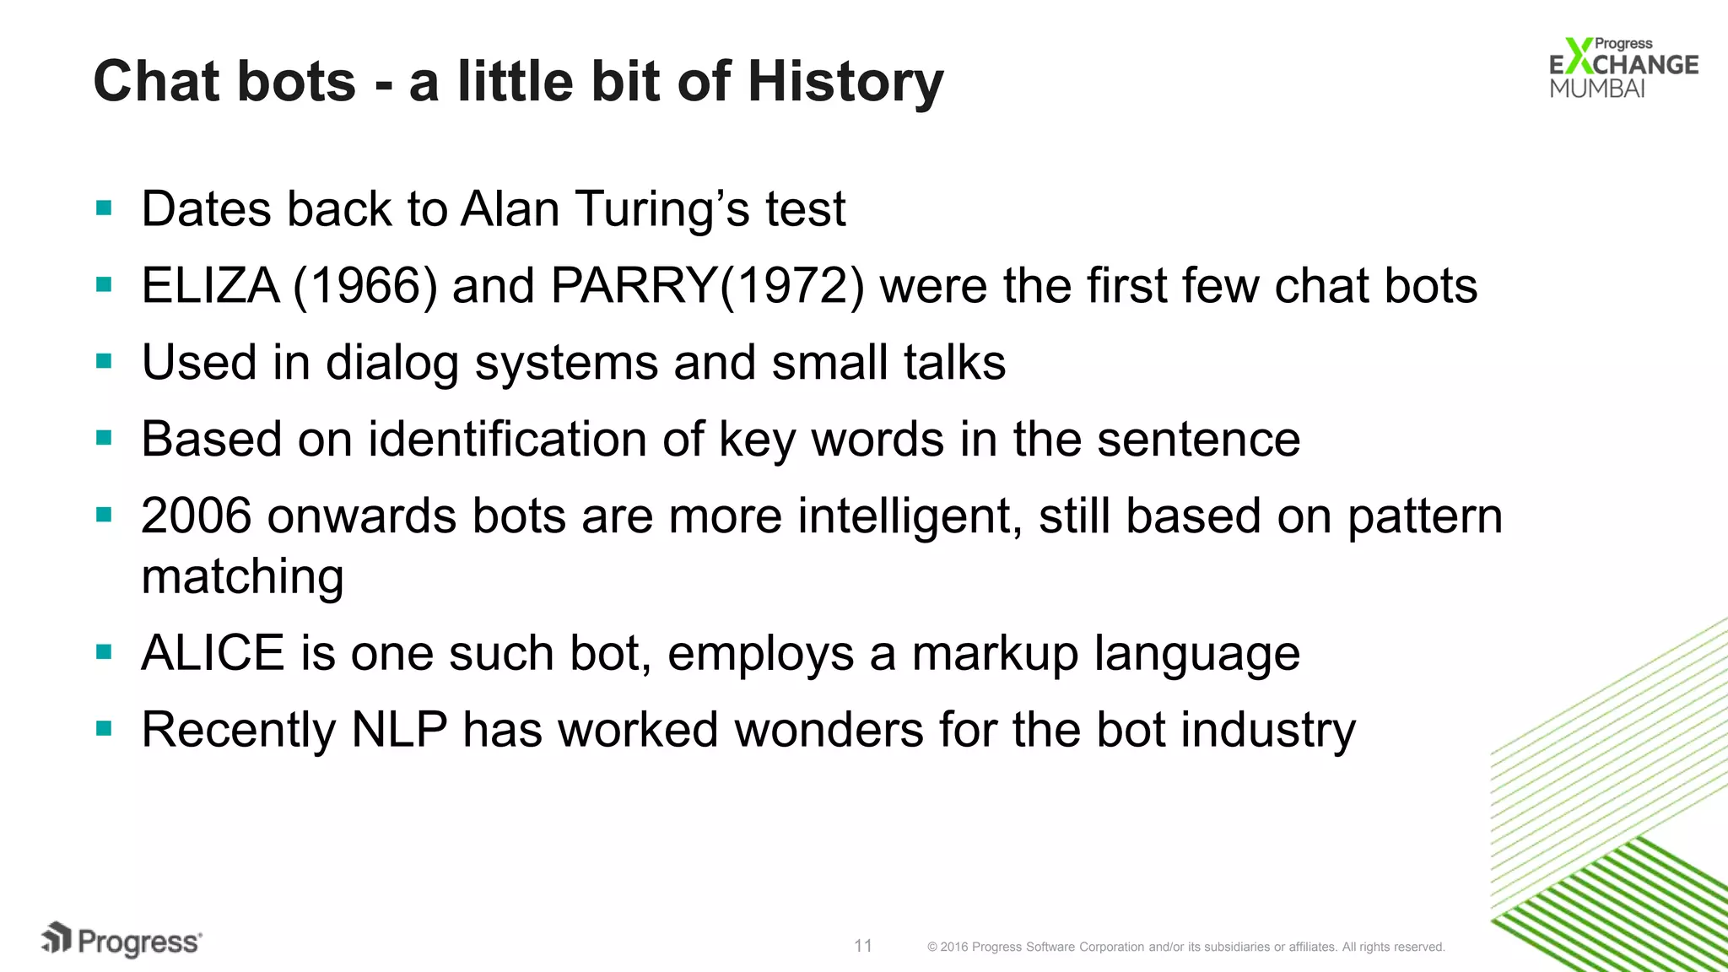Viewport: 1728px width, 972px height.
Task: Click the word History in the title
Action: (845, 82)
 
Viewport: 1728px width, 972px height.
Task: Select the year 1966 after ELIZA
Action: (365, 286)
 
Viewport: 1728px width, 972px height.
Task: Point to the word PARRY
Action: (634, 286)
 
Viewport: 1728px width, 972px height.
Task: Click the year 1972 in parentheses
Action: (791, 286)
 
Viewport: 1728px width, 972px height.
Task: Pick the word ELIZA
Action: (210, 286)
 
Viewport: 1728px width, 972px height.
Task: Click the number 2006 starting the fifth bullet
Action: (196, 516)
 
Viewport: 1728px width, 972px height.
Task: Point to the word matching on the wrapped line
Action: (243, 577)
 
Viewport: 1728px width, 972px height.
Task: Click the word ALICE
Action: (213, 653)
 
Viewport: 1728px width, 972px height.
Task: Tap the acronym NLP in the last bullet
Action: (399, 730)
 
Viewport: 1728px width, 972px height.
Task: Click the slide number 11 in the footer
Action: (862, 946)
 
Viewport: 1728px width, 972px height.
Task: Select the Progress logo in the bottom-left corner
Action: (121, 940)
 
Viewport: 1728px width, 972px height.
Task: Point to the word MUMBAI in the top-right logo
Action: (1597, 89)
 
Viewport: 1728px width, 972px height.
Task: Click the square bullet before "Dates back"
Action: (105, 208)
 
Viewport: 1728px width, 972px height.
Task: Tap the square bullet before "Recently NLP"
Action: (105, 729)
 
